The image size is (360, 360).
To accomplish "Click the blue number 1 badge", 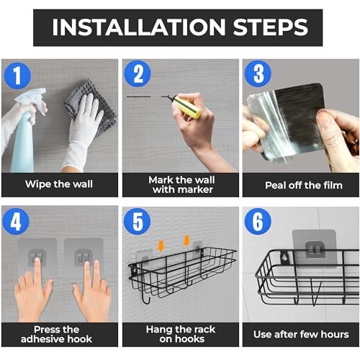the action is (x=17, y=76).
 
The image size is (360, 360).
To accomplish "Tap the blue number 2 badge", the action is (x=138, y=73).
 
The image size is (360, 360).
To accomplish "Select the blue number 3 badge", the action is (x=258, y=73).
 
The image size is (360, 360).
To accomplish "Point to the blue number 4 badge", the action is (x=16, y=222).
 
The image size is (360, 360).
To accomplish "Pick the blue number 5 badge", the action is (x=138, y=222).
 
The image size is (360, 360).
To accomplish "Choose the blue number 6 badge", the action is (x=258, y=222).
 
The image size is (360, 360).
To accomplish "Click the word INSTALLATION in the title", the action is (x=139, y=27).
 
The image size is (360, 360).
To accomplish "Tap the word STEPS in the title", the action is (x=271, y=27).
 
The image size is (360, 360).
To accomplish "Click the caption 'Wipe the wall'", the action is (x=59, y=184).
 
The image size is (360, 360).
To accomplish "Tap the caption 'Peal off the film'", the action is (x=304, y=185).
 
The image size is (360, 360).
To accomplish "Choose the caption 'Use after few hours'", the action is (x=301, y=334).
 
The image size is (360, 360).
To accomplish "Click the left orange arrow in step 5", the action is (x=161, y=246).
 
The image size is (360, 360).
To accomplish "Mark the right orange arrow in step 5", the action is (x=186, y=240).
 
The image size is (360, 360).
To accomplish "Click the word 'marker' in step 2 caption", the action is (x=195, y=190).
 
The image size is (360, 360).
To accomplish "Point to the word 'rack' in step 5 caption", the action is (x=204, y=330).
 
